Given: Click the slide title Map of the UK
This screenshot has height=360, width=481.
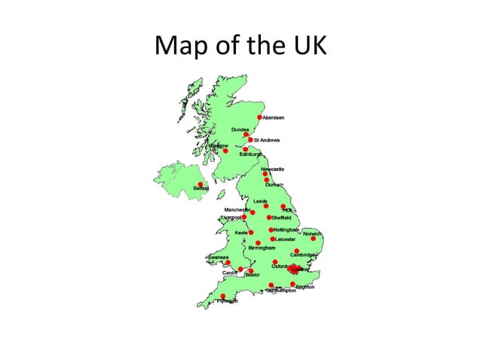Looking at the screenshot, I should click(x=240, y=46).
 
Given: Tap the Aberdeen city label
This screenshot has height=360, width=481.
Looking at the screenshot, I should click(x=274, y=118).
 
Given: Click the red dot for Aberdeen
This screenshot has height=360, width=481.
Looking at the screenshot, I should click(x=260, y=117).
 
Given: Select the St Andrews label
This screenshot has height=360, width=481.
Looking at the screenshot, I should click(x=267, y=140).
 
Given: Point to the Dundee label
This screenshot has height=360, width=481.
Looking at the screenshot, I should click(x=240, y=130).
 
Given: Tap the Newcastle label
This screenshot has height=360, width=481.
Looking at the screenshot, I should click(x=272, y=169).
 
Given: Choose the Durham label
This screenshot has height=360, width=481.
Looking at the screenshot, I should click(x=275, y=185).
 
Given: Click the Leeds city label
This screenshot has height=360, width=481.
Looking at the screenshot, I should click(x=260, y=201).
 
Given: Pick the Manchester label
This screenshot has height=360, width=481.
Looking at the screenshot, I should click(x=237, y=209).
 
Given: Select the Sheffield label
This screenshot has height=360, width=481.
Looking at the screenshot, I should click(x=281, y=218).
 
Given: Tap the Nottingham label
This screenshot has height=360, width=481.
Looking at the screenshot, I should click(x=286, y=229).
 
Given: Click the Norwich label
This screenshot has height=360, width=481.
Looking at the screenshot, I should click(x=312, y=233).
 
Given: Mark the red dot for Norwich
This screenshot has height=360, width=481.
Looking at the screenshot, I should click(x=313, y=239).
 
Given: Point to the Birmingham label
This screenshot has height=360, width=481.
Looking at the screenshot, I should click(x=262, y=248).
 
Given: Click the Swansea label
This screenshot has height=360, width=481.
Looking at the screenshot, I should click(x=219, y=256).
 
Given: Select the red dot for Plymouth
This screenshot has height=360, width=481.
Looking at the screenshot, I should click(x=222, y=296).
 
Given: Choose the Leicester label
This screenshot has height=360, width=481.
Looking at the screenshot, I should click(x=286, y=239).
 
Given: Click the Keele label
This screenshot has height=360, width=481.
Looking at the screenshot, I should click(x=241, y=233).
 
